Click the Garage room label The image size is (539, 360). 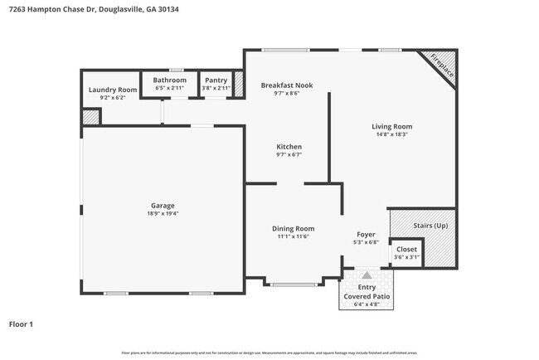163,205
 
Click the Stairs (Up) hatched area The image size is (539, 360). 429,226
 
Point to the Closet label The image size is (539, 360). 407,249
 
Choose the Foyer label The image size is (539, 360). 366,234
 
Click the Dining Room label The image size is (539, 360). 294,228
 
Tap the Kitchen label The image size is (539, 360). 289,146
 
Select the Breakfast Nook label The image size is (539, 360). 287,85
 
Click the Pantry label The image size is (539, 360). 216,80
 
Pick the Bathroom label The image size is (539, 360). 170,80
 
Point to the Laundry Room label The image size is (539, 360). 113,90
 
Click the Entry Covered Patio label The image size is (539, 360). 366,291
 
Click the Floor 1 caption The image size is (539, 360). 21,324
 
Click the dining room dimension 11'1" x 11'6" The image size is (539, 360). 294,236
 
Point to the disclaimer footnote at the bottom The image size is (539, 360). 269,352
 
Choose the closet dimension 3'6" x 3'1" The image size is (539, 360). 407,257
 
